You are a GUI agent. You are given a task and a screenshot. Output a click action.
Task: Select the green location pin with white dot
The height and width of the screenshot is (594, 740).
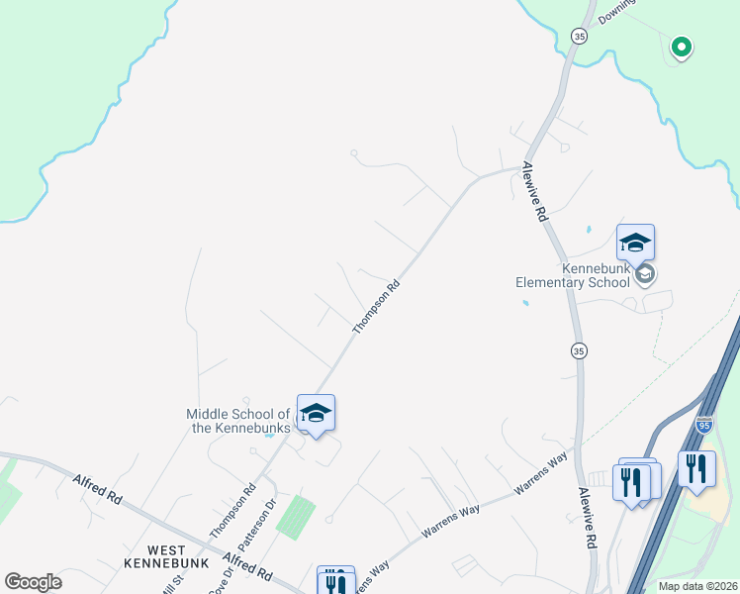[x=681, y=47]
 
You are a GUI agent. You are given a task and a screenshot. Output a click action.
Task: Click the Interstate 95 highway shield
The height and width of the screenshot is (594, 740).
[x=703, y=425]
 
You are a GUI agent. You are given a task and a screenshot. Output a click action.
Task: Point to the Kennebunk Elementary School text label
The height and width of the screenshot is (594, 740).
[x=573, y=275]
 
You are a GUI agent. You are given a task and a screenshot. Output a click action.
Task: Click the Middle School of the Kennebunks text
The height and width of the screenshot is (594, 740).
[x=238, y=421]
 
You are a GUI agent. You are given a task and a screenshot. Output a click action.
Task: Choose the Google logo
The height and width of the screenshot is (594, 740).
[x=33, y=582]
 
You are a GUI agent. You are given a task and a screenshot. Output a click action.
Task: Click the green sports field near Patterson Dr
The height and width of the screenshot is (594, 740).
[x=296, y=517]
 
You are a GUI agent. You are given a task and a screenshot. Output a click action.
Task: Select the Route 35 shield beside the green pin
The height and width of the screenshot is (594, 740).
[x=579, y=37]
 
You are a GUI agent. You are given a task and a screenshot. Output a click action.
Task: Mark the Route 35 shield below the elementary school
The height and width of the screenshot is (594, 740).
[x=579, y=350]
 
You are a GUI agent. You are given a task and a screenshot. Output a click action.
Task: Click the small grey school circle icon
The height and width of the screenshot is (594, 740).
[x=645, y=273]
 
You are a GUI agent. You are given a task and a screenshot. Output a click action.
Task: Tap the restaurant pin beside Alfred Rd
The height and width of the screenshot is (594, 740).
[x=335, y=581]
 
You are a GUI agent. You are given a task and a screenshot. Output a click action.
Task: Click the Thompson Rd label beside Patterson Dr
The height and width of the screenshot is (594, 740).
[x=232, y=511]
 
